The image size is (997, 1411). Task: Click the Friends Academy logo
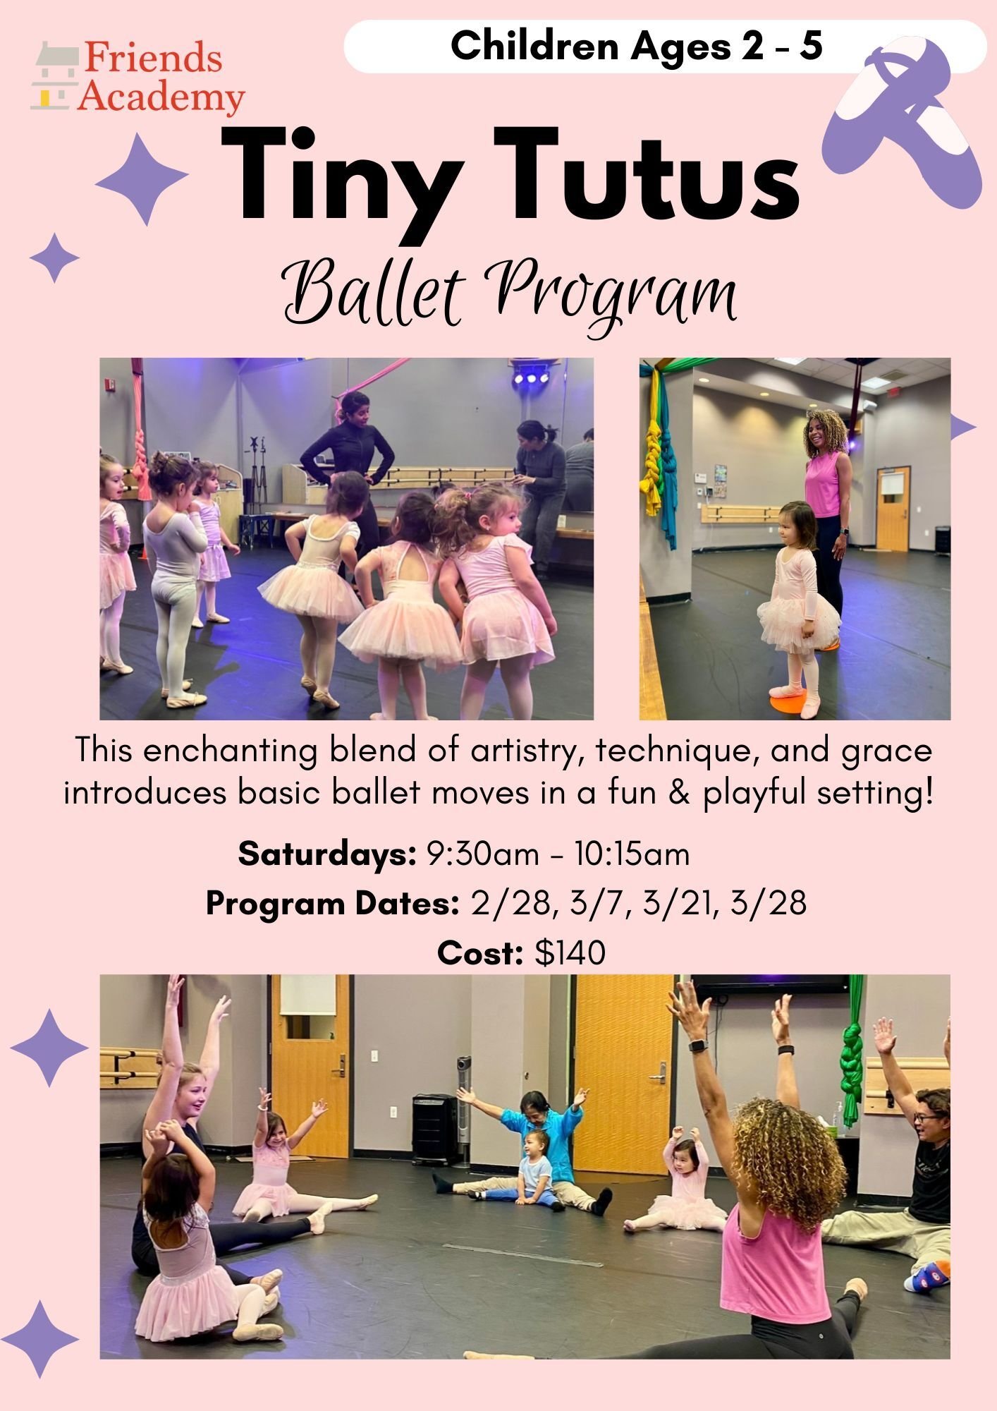[137, 78]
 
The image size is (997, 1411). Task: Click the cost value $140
[570, 953]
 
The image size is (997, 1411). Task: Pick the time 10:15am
[631, 854]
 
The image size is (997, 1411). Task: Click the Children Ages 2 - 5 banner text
[636, 47]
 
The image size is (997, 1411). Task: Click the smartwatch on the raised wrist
[697, 1046]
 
